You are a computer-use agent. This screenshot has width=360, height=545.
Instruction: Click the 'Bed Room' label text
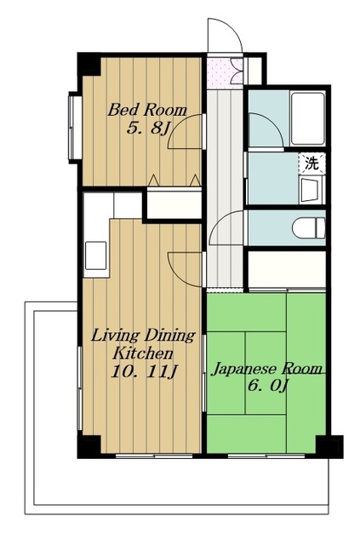click(147, 110)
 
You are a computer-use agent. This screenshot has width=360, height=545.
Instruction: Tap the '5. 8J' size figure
click(148, 129)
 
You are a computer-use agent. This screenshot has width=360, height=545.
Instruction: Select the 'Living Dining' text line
click(143, 336)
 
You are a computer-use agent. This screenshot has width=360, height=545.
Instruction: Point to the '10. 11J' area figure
click(144, 372)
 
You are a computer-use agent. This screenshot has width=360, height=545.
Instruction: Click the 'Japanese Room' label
click(266, 369)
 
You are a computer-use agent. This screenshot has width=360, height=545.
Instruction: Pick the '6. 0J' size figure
click(267, 386)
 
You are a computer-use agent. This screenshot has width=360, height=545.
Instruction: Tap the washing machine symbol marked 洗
click(311, 163)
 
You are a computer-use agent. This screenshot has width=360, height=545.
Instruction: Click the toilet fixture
click(309, 228)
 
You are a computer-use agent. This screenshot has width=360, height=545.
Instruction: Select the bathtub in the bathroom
click(307, 118)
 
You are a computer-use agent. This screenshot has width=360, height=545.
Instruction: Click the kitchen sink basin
click(96, 255)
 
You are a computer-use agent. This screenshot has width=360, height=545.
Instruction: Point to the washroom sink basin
click(311, 190)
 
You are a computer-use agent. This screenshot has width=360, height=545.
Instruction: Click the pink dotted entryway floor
click(219, 73)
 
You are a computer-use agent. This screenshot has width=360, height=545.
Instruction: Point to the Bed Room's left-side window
click(75, 127)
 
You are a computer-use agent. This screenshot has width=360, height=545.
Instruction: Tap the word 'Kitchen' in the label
click(142, 354)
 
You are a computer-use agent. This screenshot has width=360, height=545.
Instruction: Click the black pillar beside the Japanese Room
click(329, 446)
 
